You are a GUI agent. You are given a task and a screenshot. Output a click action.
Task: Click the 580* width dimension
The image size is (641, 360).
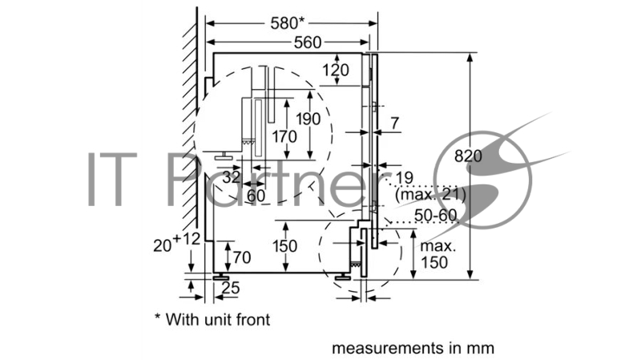[288, 23]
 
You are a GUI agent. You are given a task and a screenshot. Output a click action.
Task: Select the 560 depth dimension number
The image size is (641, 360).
[308, 42]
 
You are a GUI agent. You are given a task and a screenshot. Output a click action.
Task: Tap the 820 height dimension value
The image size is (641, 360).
[468, 156]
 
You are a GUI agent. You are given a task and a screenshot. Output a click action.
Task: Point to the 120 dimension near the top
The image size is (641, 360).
[336, 71]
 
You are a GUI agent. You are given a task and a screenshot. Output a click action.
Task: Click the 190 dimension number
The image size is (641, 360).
[308, 119]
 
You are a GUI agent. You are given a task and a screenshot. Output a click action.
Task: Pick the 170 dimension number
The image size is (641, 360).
[284, 136]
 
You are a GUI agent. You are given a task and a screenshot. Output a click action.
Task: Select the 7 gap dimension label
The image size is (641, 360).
[394, 123]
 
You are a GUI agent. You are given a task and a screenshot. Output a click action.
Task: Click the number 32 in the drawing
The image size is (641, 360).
[232, 177]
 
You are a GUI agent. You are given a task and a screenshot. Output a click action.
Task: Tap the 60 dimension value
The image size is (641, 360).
[256, 196]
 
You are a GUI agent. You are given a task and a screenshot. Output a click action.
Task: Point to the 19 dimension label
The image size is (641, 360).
[404, 178]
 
